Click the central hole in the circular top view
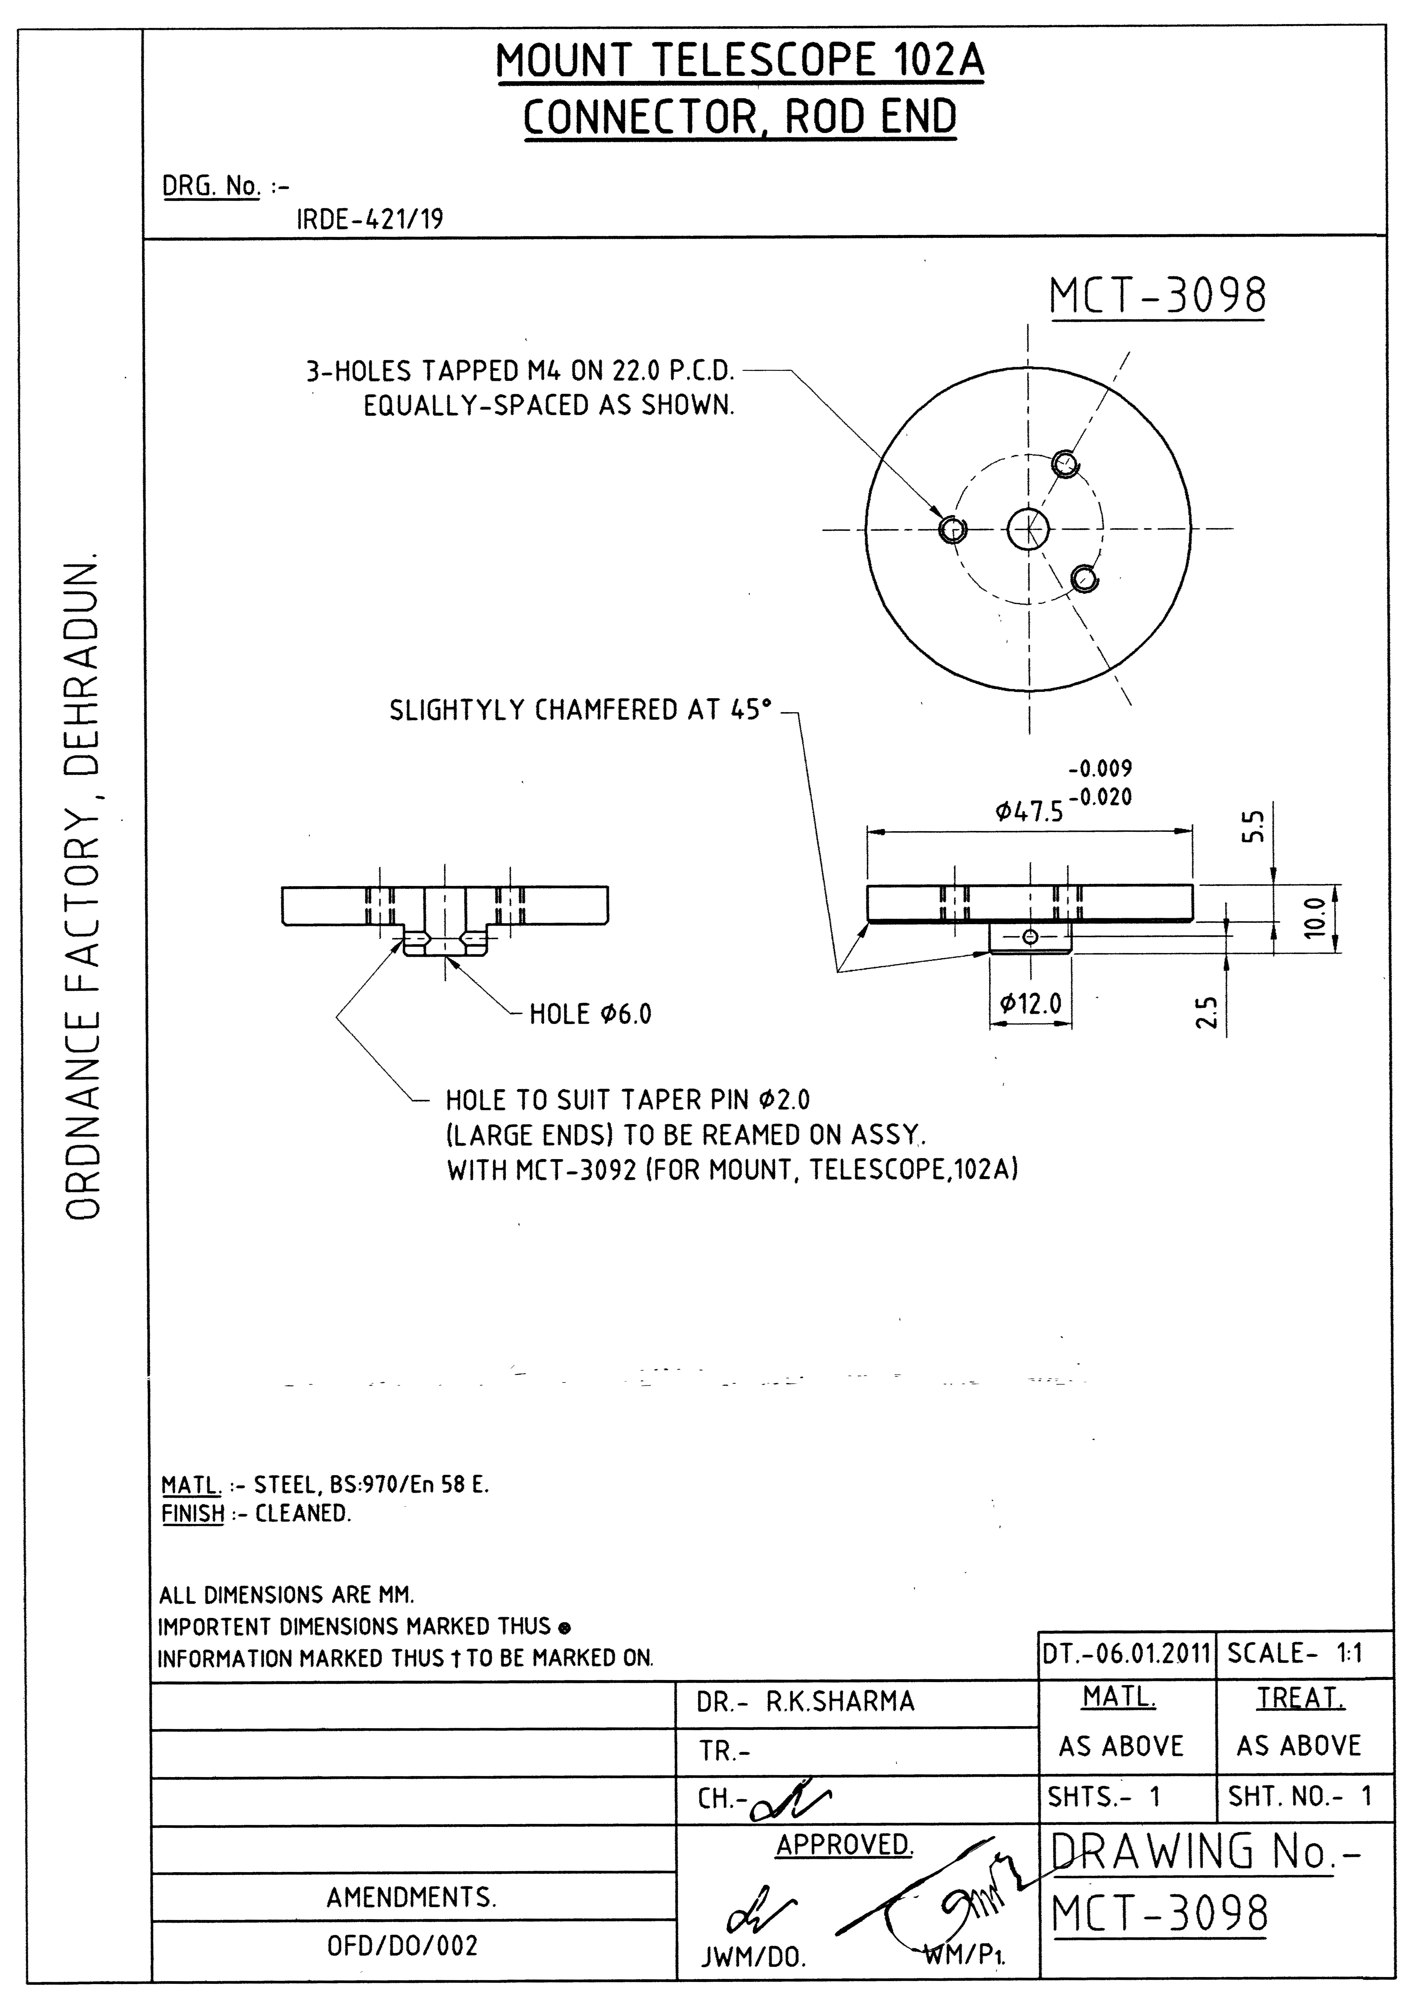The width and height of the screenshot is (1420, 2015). pos(1028,528)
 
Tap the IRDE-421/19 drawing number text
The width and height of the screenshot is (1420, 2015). pos(370,219)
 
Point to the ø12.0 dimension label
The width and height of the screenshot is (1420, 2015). pos(1030,1002)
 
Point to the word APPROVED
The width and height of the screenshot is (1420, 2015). pos(843,1844)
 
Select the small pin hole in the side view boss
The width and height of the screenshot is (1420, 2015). pos(1031,937)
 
